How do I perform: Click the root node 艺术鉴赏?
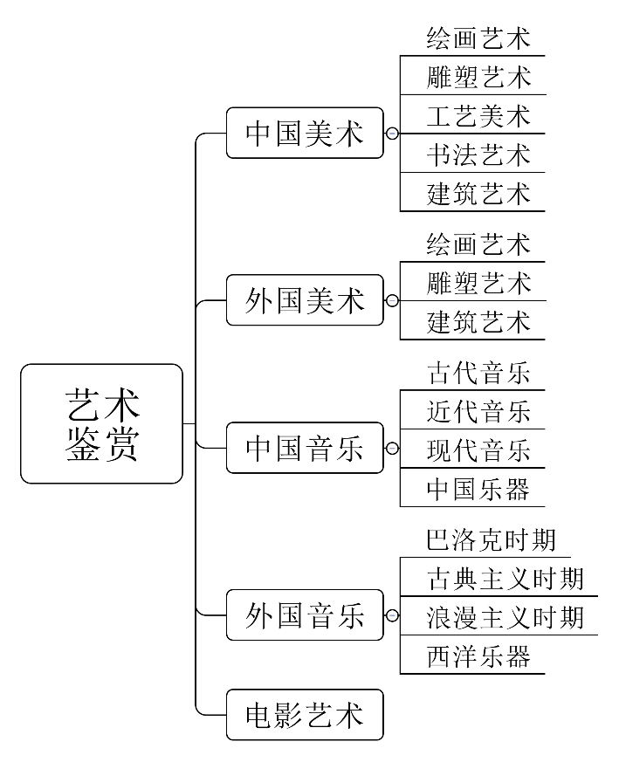(x=102, y=423)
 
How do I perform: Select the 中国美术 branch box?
(x=305, y=133)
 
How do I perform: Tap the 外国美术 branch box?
(x=305, y=300)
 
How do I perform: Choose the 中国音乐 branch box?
(x=305, y=448)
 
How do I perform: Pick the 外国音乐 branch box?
(x=305, y=615)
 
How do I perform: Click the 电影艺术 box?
(x=305, y=715)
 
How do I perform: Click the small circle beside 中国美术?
(x=392, y=134)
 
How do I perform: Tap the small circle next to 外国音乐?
(x=392, y=615)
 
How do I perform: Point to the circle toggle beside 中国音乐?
(x=392, y=448)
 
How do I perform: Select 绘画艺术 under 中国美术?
(x=478, y=38)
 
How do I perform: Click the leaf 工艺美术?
(x=478, y=115)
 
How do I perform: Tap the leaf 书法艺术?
(x=478, y=154)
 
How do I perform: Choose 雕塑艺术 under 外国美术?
(x=478, y=283)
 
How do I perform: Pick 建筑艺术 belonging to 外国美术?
(x=478, y=321)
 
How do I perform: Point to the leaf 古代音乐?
(x=478, y=373)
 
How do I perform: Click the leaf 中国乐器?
(x=478, y=489)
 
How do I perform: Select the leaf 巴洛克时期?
(x=492, y=539)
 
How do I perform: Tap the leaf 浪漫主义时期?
(x=505, y=617)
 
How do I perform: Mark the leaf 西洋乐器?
(x=478, y=656)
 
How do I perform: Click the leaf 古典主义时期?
(x=505, y=578)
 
